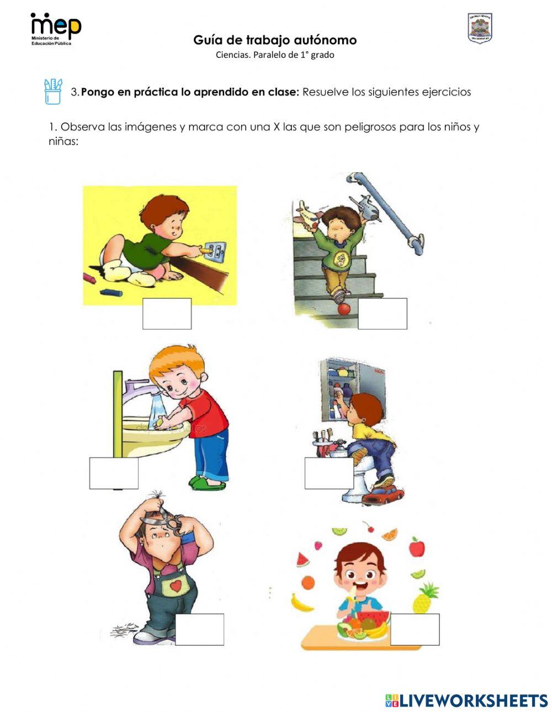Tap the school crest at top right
[480, 29]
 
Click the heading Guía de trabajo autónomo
[275, 40]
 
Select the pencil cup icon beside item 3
[53, 92]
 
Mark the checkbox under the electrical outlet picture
[167, 314]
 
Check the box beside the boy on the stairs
[383, 314]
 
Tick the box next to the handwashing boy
[114, 473]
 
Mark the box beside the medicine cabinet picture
[329, 473]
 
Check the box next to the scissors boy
[199, 629]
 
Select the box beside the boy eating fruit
[415, 629]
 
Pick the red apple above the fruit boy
[417, 547]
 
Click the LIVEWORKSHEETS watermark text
[474, 700]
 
